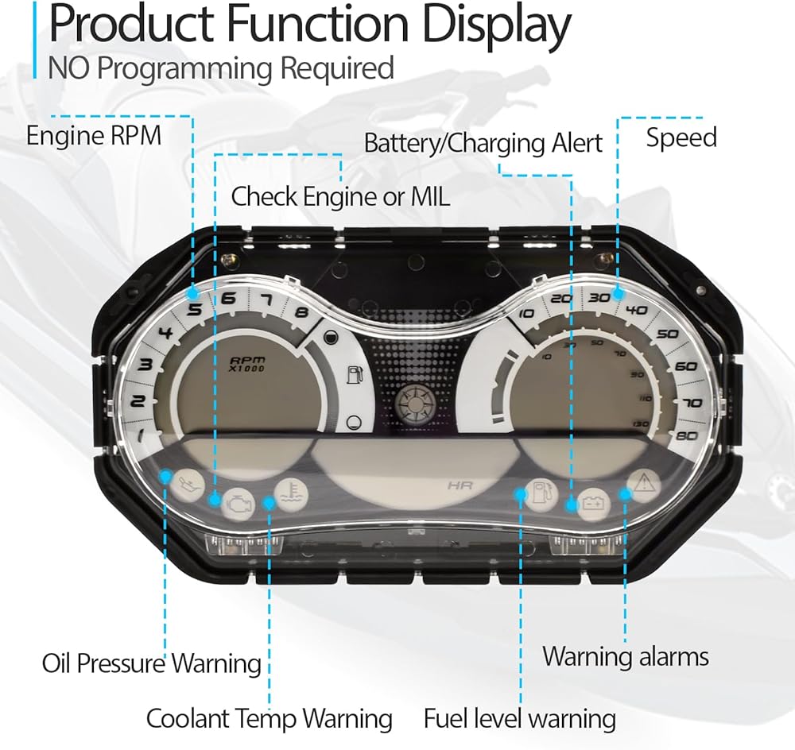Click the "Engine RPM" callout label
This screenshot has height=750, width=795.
pyautogui.click(x=94, y=136)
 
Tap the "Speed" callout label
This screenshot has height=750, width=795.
pyautogui.click(x=681, y=137)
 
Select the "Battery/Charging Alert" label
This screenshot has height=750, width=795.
pyautogui.click(x=483, y=144)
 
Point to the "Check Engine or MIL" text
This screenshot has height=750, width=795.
pyautogui.click(x=340, y=196)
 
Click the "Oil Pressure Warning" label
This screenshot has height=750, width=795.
pyautogui.click(x=152, y=663)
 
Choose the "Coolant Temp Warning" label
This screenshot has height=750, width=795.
pyautogui.click(x=270, y=718)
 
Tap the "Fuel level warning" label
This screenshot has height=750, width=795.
pyautogui.click(x=520, y=718)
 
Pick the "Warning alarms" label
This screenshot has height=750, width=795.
pyautogui.click(x=626, y=657)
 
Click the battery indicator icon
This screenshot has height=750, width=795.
pyautogui.click(x=593, y=504)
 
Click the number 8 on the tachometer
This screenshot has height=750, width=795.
pyautogui.click(x=302, y=311)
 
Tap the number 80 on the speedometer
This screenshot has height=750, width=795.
pyautogui.click(x=688, y=435)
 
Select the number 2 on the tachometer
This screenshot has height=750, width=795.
pyautogui.click(x=138, y=401)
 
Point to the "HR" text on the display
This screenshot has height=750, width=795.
pyautogui.click(x=460, y=486)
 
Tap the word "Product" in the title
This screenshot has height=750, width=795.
pyautogui.click(x=131, y=23)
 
